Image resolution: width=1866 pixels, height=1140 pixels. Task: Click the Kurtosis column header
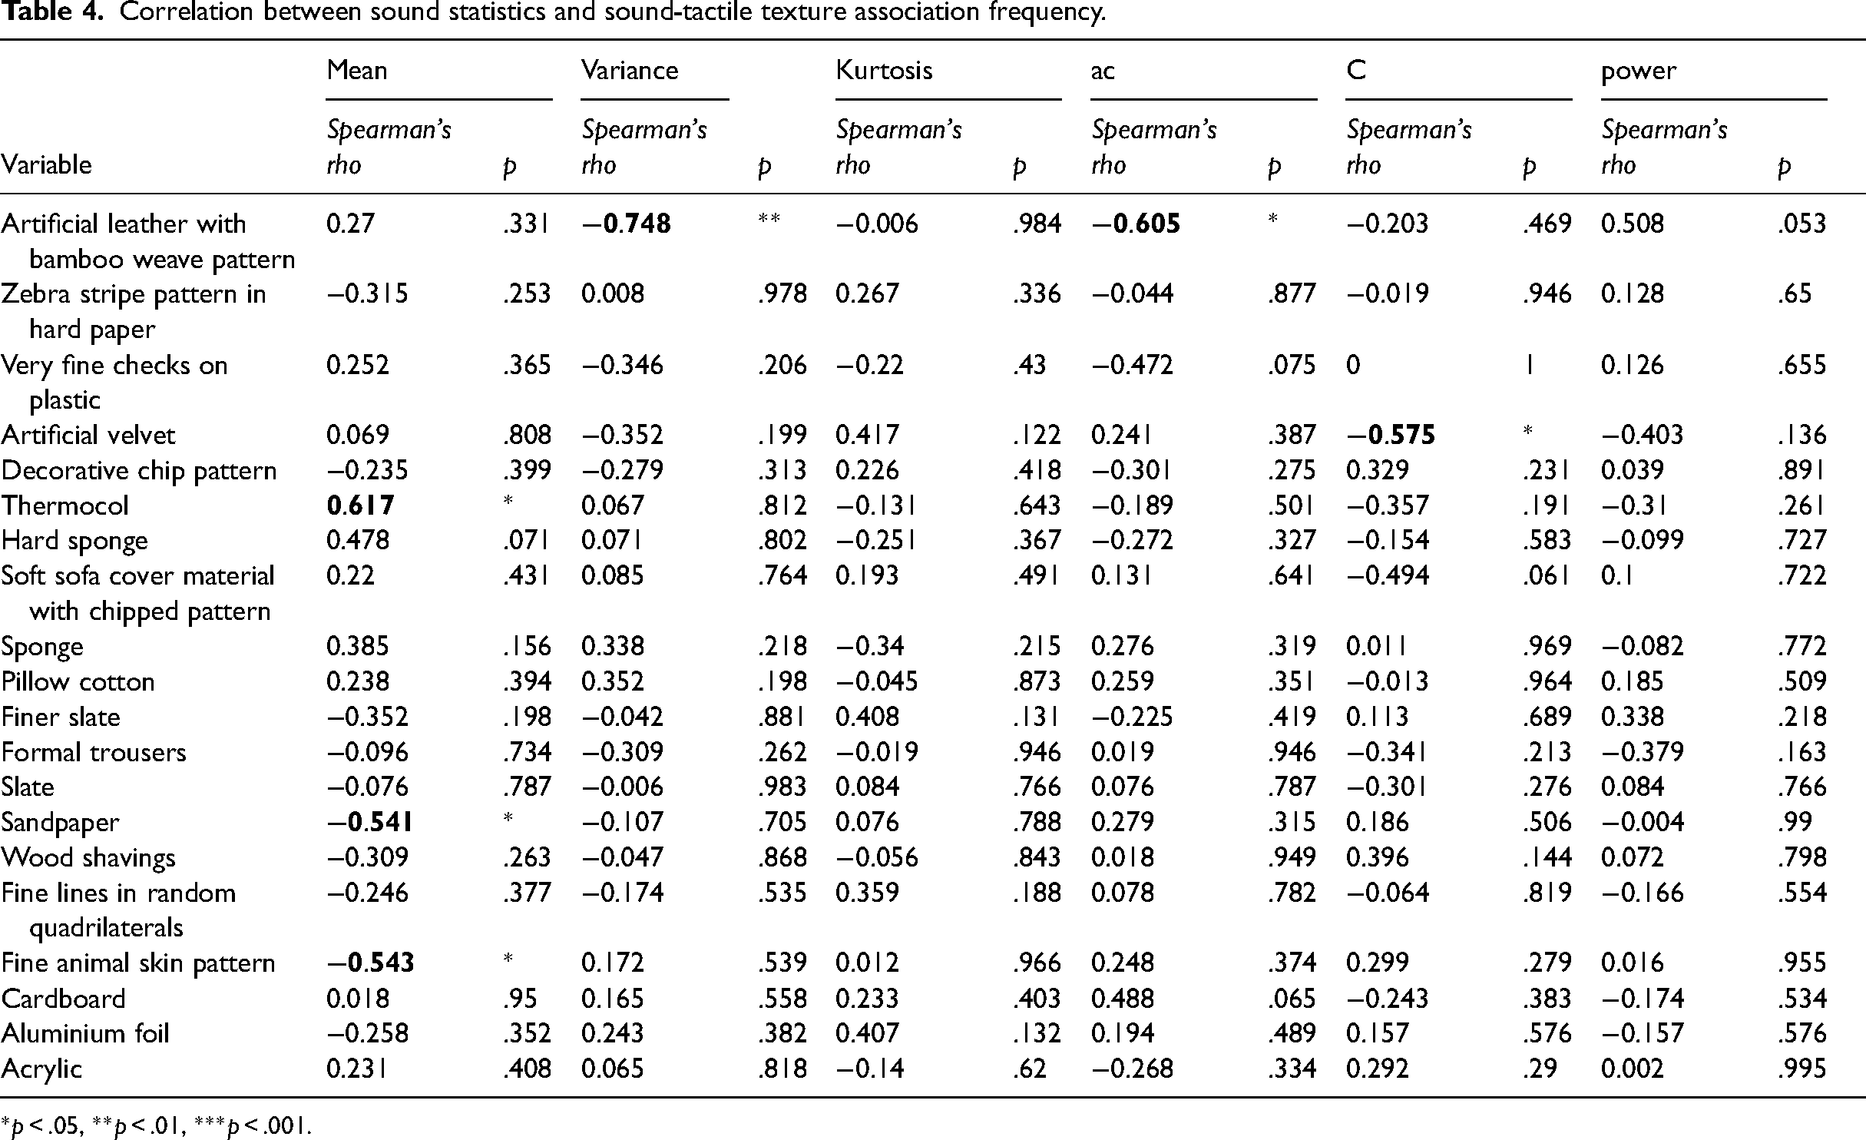click(884, 71)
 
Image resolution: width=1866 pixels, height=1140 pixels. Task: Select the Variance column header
click(630, 71)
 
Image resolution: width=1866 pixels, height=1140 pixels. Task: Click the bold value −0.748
click(626, 224)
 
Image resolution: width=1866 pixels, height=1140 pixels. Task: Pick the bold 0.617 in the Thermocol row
click(360, 505)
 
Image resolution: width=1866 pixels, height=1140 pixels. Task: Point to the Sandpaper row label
click(61, 823)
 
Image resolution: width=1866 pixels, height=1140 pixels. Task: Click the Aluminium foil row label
click(85, 1033)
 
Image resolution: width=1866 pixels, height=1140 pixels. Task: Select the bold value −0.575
click(1391, 436)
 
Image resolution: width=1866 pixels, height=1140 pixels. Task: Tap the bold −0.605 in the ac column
click(1136, 224)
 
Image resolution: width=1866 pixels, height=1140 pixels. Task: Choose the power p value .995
click(1801, 1069)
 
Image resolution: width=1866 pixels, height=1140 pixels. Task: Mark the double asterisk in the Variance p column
click(769, 219)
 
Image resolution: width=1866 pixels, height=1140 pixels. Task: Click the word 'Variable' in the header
click(47, 164)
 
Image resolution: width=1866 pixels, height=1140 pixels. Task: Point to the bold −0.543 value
click(370, 963)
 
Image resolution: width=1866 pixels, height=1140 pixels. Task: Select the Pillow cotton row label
click(78, 682)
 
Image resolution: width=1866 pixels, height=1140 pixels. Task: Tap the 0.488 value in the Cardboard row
click(1123, 998)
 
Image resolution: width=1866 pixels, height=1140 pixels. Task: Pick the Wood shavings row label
click(88, 858)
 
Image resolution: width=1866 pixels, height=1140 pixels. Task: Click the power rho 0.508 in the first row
click(1633, 224)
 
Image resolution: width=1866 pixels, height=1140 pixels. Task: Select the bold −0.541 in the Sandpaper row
click(370, 822)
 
